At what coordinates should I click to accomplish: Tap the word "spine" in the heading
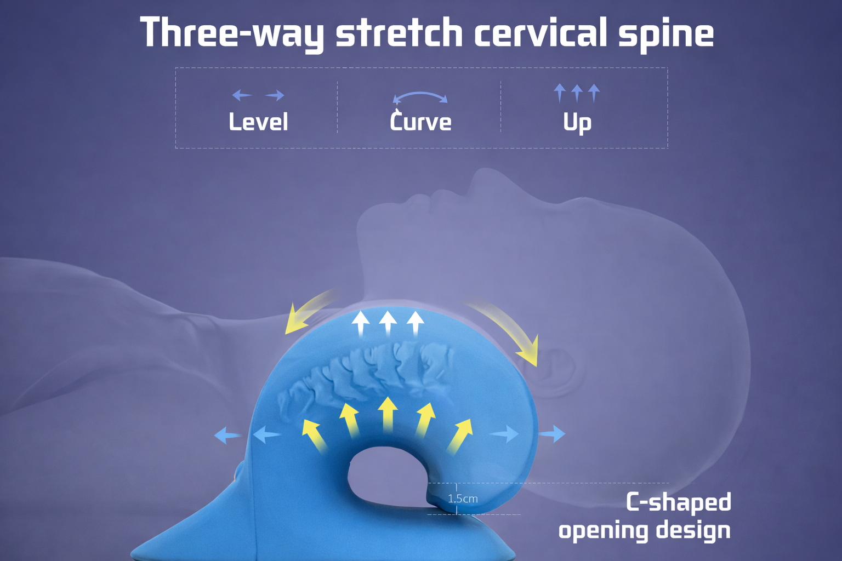(665, 34)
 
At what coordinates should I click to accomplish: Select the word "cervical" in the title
(540, 33)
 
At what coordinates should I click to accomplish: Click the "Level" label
(258, 122)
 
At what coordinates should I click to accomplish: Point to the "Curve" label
(420, 122)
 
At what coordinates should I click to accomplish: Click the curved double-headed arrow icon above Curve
(420, 98)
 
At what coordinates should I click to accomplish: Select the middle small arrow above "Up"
(577, 93)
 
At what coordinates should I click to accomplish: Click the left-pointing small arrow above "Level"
(241, 95)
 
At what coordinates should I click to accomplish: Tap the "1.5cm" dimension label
(463, 499)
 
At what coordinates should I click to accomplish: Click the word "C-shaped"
(679, 502)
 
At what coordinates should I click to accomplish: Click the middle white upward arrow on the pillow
(388, 323)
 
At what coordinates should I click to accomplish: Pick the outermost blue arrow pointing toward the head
(552, 433)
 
